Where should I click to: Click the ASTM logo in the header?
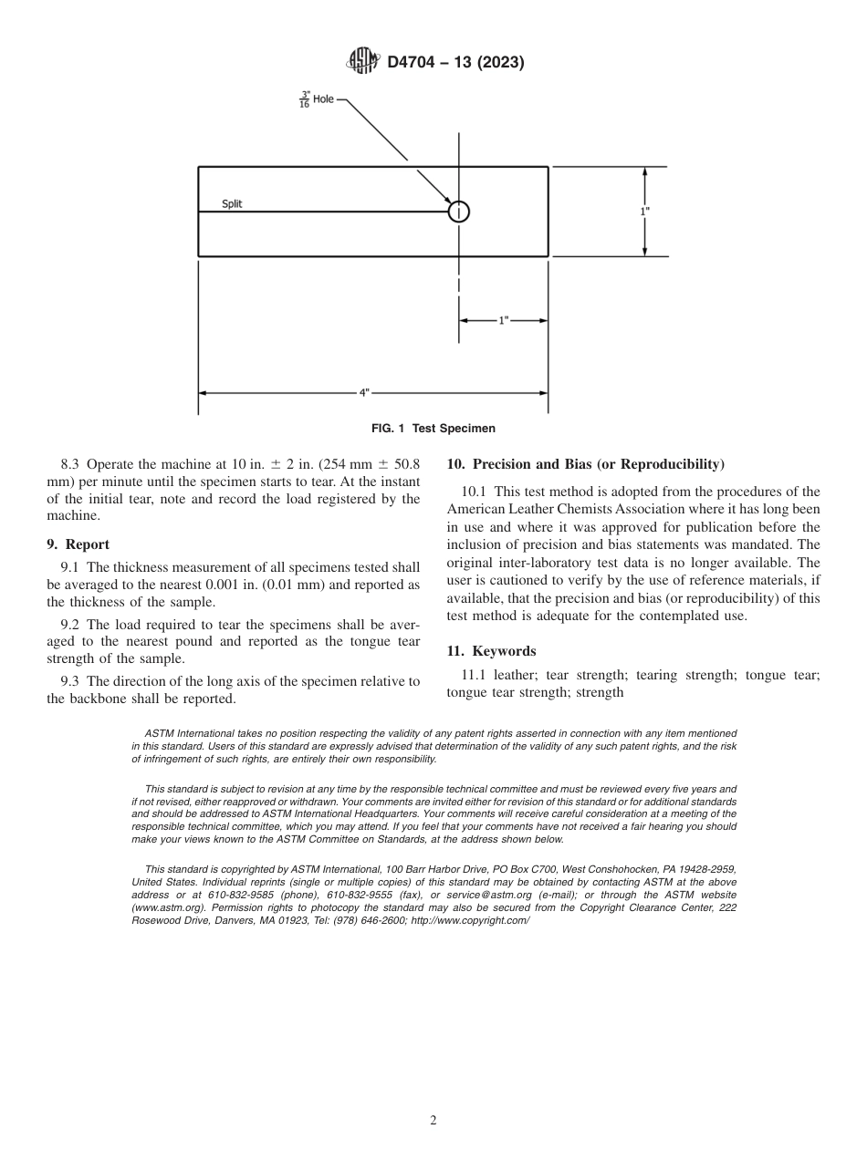point(362,62)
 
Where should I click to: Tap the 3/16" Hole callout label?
point(317,99)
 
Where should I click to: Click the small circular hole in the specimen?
point(458,212)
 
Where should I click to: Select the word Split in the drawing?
point(232,204)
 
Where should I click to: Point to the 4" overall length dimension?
point(363,393)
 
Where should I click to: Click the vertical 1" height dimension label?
point(645,211)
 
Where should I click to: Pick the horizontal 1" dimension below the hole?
point(503,321)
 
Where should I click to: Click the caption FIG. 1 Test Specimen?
point(433,428)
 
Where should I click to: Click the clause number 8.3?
point(70,464)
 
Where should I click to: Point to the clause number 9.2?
point(70,625)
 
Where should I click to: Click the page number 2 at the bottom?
point(433,1121)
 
